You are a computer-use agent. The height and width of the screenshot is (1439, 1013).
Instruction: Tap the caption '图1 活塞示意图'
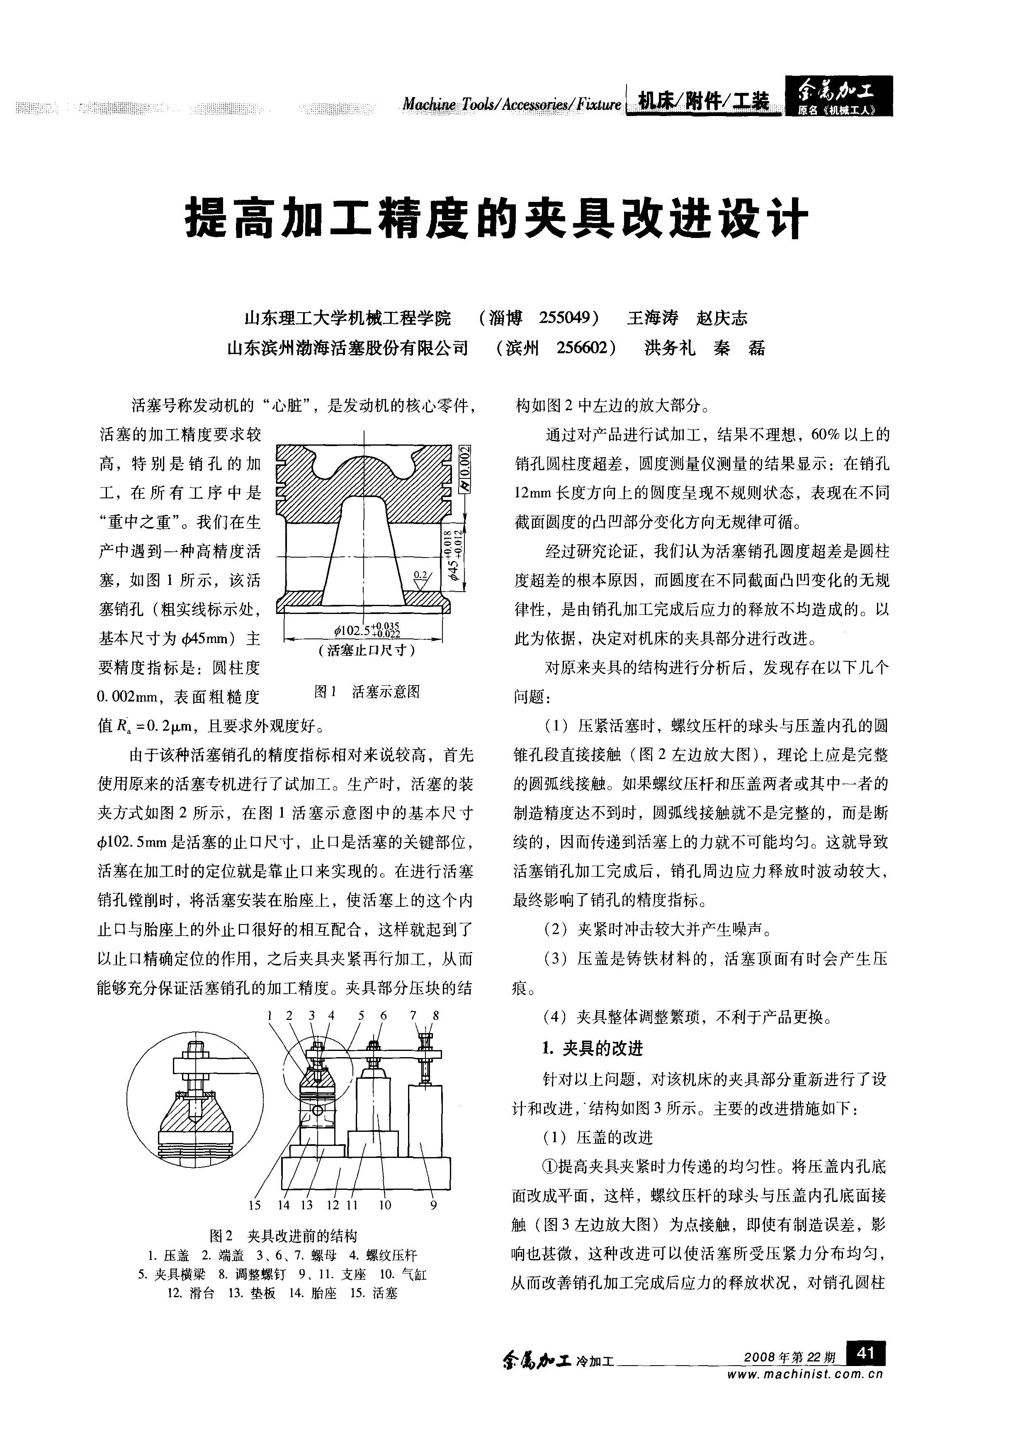367,692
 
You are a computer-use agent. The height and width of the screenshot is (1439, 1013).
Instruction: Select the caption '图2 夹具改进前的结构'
283,1236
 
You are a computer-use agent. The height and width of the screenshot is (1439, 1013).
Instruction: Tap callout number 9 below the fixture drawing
433,1205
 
